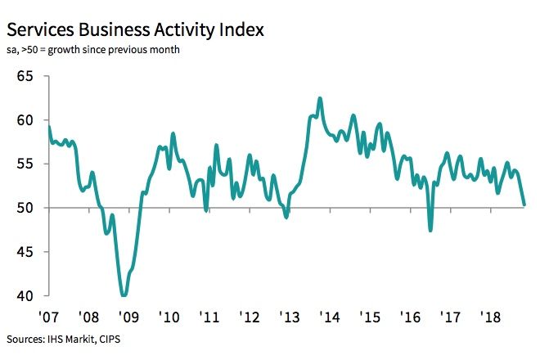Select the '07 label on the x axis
[x=48, y=316]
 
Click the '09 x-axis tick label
[x=128, y=316]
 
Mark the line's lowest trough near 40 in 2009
[x=124, y=295]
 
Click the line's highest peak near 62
[x=319, y=98]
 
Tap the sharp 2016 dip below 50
[x=431, y=230]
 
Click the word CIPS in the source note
[x=115, y=338]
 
